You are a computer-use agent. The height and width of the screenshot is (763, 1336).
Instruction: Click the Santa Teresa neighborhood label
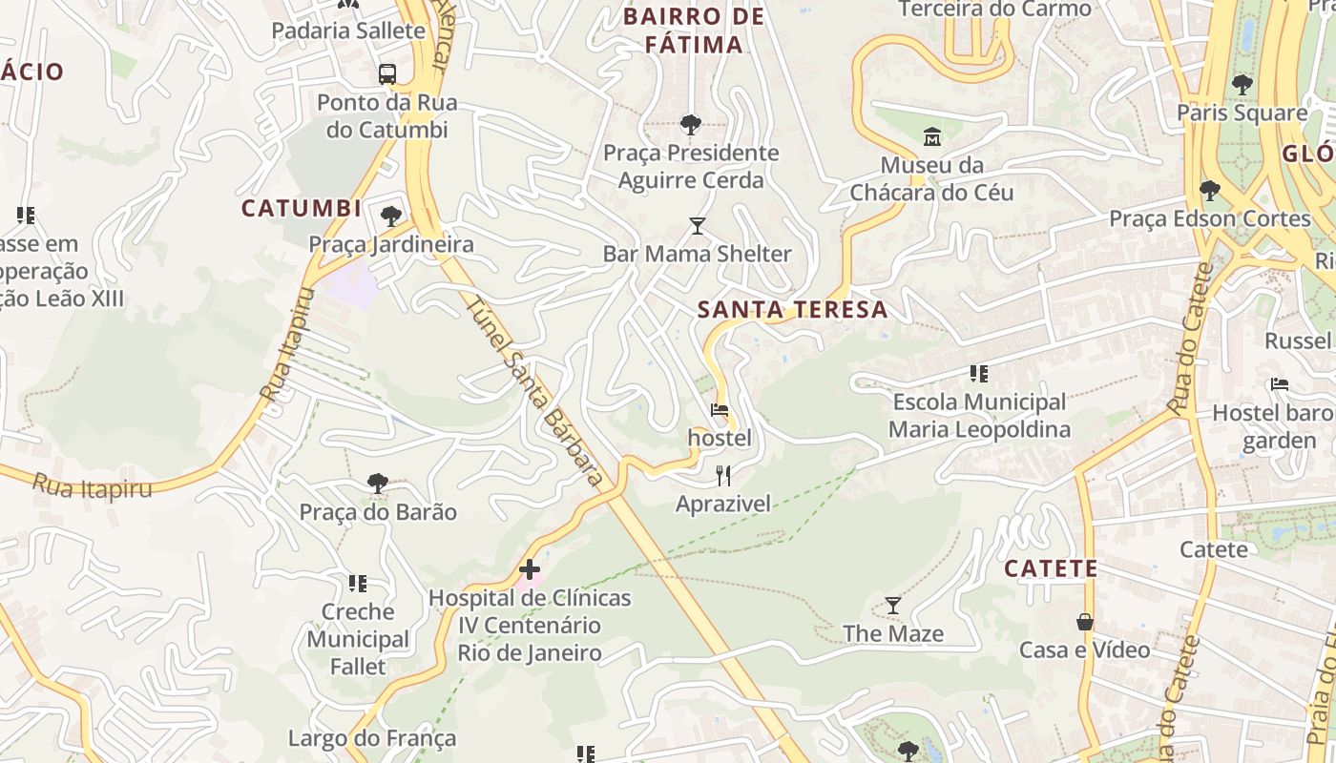tap(792, 310)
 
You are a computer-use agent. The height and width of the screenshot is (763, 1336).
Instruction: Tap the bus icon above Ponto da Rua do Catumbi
tap(387, 73)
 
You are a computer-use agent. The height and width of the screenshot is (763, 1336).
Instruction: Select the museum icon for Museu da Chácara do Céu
tap(931, 137)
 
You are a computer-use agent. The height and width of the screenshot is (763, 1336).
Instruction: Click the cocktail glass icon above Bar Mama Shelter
tap(698, 226)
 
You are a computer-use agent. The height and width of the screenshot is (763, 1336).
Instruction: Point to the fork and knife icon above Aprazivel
tap(723, 475)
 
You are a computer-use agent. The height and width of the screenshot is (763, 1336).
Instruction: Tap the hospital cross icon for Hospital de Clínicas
tap(530, 570)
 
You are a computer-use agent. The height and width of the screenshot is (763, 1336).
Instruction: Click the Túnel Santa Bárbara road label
tap(535, 392)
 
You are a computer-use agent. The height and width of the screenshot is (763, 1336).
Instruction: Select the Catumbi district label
tap(301, 209)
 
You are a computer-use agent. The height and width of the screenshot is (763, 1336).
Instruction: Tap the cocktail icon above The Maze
tap(893, 606)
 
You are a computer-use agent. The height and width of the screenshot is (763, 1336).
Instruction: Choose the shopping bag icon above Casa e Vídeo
tap(1085, 622)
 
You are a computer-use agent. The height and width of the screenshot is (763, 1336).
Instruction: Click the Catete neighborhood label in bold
tap(1051, 569)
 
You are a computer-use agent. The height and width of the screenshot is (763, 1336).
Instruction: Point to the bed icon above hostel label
tap(720, 411)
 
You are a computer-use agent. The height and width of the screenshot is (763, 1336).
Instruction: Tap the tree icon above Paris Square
tap(1242, 85)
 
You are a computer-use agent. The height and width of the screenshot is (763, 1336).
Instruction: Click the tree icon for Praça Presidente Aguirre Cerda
tap(690, 124)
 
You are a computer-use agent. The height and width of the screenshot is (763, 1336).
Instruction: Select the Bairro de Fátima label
tap(694, 31)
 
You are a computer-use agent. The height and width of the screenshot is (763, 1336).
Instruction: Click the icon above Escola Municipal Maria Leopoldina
tap(978, 374)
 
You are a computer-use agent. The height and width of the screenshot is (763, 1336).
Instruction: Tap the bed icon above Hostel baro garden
tap(1280, 384)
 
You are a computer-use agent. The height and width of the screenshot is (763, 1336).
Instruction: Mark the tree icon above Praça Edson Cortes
tap(1210, 191)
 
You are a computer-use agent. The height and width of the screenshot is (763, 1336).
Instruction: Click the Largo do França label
tap(372, 738)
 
